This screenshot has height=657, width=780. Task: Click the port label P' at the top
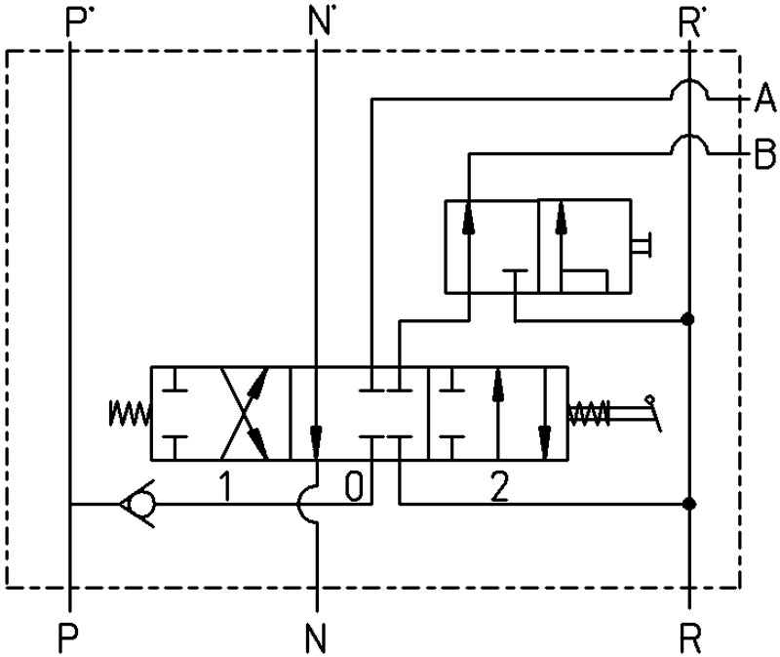pyautogui.click(x=77, y=22)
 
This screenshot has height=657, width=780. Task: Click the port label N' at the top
pyautogui.click(x=320, y=22)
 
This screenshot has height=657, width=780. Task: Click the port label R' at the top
pyautogui.click(x=689, y=22)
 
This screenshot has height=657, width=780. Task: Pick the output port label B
pyautogui.click(x=765, y=154)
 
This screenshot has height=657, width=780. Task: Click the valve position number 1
pyautogui.click(x=226, y=486)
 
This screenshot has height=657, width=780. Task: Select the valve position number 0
pyautogui.click(x=354, y=486)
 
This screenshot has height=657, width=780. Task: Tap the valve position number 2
pyautogui.click(x=499, y=486)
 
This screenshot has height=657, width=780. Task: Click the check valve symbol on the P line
pyautogui.click(x=137, y=504)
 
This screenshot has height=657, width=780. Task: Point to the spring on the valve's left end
pyautogui.click(x=130, y=413)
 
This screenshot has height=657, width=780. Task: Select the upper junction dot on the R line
pyautogui.click(x=688, y=319)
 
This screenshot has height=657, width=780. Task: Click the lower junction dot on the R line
pyautogui.click(x=689, y=504)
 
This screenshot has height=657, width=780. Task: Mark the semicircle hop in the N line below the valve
pyautogui.click(x=298, y=504)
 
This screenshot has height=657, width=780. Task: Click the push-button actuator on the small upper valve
pyautogui.click(x=642, y=246)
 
